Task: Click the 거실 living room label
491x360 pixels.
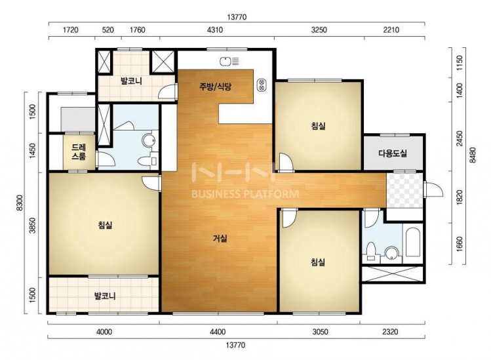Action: coord(220,239)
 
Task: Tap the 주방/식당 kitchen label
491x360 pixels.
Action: coord(216,87)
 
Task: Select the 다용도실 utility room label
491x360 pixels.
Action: coord(393,153)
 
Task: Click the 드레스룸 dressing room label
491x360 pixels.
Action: coord(79,151)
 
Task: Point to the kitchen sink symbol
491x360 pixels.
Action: coord(229,62)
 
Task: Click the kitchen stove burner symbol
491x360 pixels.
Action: coord(261,85)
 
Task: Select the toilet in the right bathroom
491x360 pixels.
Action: coord(371,251)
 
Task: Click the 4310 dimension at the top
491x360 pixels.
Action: coord(215,30)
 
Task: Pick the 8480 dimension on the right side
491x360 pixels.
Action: coord(473,155)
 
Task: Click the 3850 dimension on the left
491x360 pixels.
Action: coord(32,226)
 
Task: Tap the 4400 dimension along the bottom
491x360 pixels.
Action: coord(218,332)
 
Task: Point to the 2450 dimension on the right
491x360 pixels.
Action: coord(459,138)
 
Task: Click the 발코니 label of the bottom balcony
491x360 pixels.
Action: coord(105,296)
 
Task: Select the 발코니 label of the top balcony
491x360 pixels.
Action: coord(131,81)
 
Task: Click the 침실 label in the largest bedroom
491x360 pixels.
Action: coord(105,225)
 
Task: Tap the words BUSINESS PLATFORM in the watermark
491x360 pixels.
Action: coord(245,194)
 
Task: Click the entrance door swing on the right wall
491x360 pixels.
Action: coord(434,189)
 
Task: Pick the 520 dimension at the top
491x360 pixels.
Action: coord(108,30)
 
